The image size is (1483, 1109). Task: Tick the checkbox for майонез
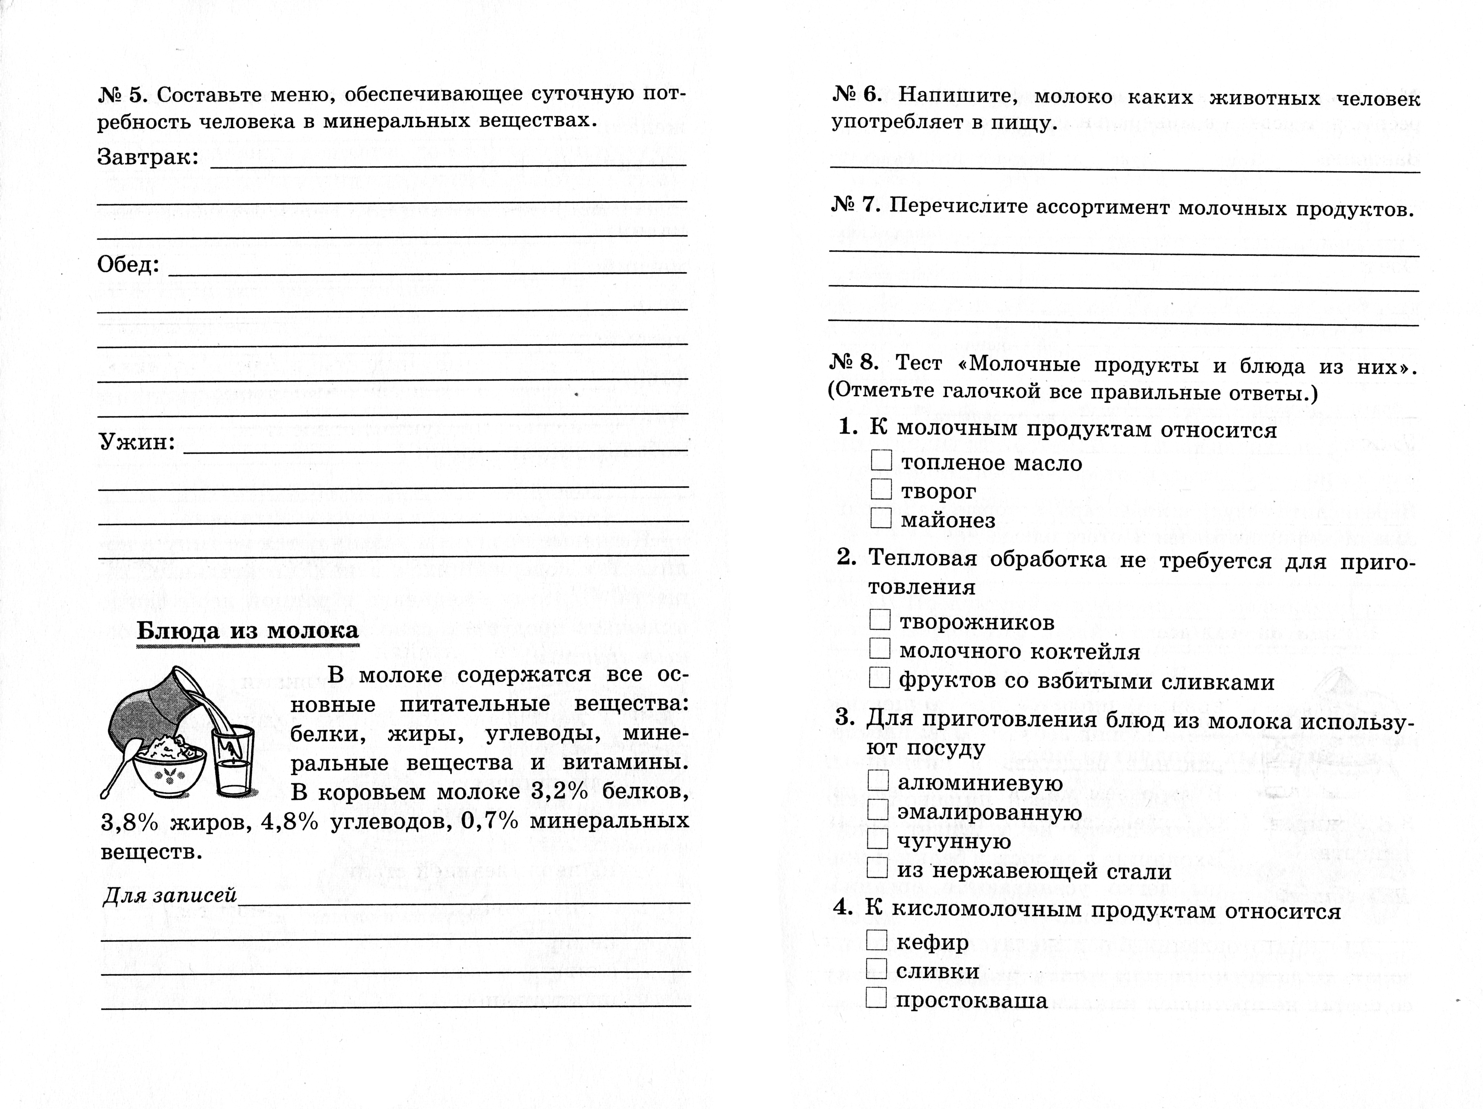pos(881,518)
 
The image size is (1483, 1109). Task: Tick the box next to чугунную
pos(878,838)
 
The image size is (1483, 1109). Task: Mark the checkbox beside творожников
pos(880,620)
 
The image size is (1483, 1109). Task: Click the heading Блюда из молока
pos(247,631)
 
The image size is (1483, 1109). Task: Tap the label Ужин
pos(137,442)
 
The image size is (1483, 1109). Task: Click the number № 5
pos(122,95)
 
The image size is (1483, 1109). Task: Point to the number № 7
pos(856,205)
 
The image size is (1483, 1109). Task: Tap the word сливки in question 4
pos(937,970)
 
